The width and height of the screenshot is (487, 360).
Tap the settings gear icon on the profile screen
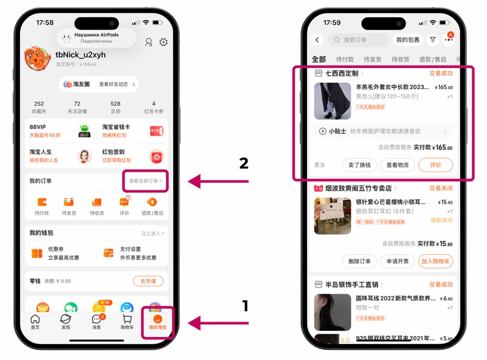point(163,42)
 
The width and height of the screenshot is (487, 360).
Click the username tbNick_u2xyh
point(80,55)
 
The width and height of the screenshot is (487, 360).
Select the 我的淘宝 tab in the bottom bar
point(157,322)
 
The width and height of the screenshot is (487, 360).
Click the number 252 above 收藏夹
point(39,104)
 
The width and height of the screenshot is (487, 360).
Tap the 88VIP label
point(38,127)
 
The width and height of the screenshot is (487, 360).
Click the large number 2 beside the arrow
point(244,164)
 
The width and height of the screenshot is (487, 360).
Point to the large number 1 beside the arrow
point(245,306)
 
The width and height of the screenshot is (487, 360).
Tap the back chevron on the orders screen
point(317,40)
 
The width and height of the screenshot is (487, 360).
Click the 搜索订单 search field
point(358,40)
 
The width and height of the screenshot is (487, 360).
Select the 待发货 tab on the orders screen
point(372,59)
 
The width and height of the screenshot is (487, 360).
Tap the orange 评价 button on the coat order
point(435,165)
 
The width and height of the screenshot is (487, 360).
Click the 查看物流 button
point(397,165)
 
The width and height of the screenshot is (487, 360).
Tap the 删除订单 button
point(359,261)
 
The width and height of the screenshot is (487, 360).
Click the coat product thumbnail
point(333,101)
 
